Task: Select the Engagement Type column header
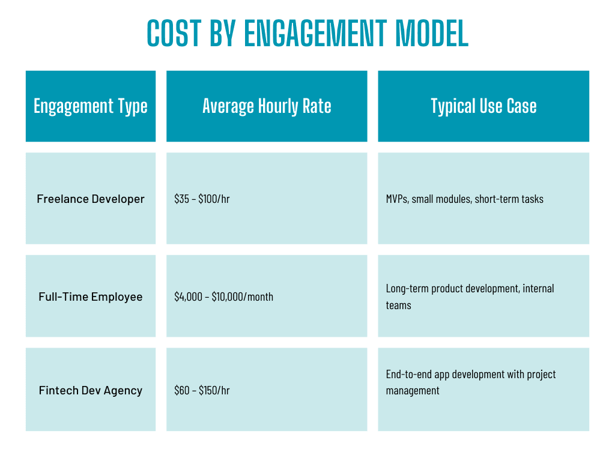point(91,106)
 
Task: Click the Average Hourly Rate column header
point(267,106)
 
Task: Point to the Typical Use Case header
point(483,106)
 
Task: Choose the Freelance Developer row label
point(91,199)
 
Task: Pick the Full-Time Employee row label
point(91,297)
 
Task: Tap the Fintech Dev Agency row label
point(91,390)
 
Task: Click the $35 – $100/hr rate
point(202,199)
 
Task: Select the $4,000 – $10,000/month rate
point(223,297)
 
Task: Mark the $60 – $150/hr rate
point(202,390)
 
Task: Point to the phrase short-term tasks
point(509,199)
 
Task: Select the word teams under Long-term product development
point(398,305)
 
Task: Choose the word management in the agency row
point(413,391)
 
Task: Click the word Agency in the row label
point(124,391)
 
